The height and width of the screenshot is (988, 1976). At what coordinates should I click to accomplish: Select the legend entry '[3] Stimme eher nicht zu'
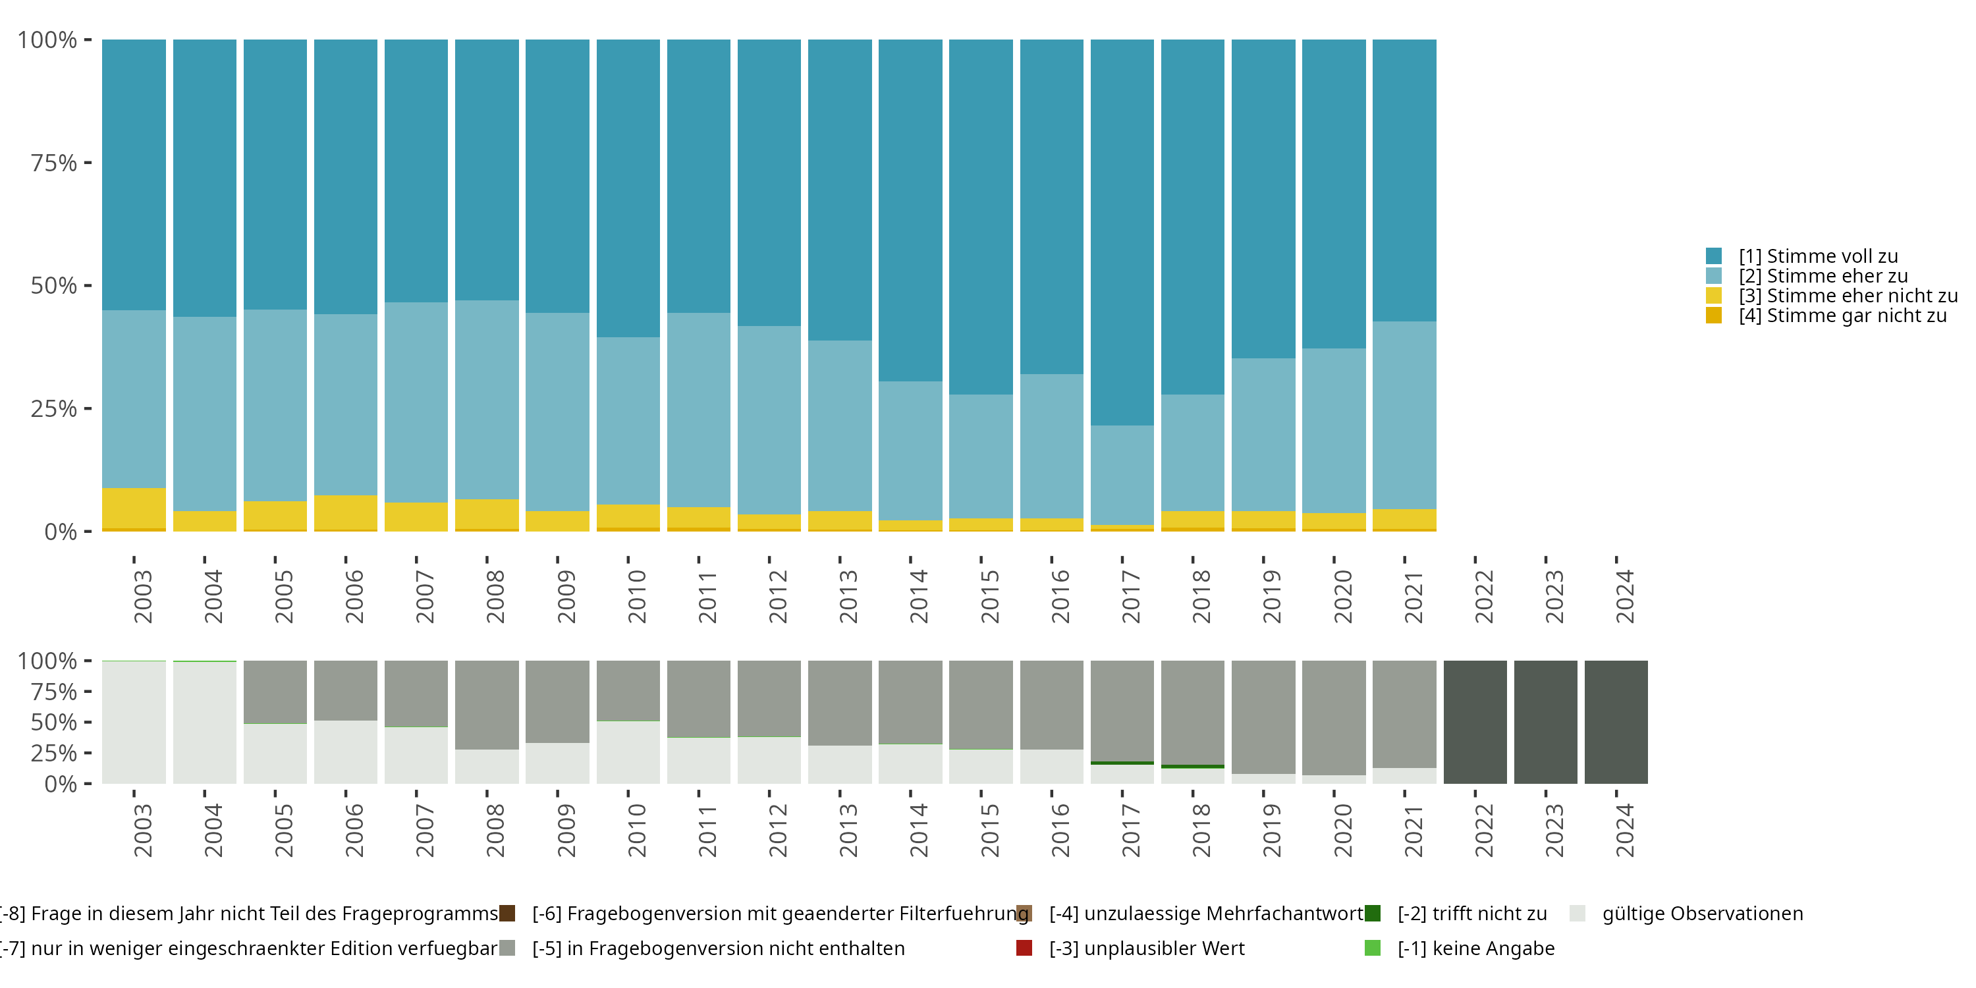pyautogui.click(x=1831, y=296)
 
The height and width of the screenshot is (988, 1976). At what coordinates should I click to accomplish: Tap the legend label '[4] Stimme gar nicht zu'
pyautogui.click(x=1842, y=316)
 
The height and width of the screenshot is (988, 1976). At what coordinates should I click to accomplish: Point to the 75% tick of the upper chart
pyautogui.click(x=88, y=163)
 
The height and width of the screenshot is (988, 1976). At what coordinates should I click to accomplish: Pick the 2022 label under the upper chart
pyautogui.click(x=1484, y=596)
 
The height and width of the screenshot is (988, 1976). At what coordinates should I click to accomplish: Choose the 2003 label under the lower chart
pyautogui.click(x=144, y=831)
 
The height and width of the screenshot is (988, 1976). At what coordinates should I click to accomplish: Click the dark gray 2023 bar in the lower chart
pyautogui.click(x=1546, y=722)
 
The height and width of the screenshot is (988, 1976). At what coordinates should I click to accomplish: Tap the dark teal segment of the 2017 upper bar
pyautogui.click(x=1122, y=233)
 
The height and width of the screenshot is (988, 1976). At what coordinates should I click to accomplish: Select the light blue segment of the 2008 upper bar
pyautogui.click(x=487, y=400)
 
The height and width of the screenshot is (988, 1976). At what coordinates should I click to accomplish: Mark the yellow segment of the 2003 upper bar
pyautogui.click(x=134, y=508)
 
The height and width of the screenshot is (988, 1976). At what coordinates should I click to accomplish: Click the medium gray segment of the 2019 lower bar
pyautogui.click(x=1263, y=717)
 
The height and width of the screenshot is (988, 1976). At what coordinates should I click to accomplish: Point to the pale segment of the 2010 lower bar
pyautogui.click(x=628, y=752)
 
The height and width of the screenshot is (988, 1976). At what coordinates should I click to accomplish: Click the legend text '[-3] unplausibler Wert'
pyautogui.click(x=1147, y=949)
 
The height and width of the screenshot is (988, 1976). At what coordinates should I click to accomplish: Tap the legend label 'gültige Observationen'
pyautogui.click(x=1703, y=914)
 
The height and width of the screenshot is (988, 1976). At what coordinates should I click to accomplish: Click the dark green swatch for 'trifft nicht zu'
pyautogui.click(x=1373, y=914)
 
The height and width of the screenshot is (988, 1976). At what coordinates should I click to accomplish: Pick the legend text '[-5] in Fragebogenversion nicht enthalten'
pyautogui.click(x=719, y=949)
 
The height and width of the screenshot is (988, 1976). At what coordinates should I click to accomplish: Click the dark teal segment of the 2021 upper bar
pyautogui.click(x=1404, y=180)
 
